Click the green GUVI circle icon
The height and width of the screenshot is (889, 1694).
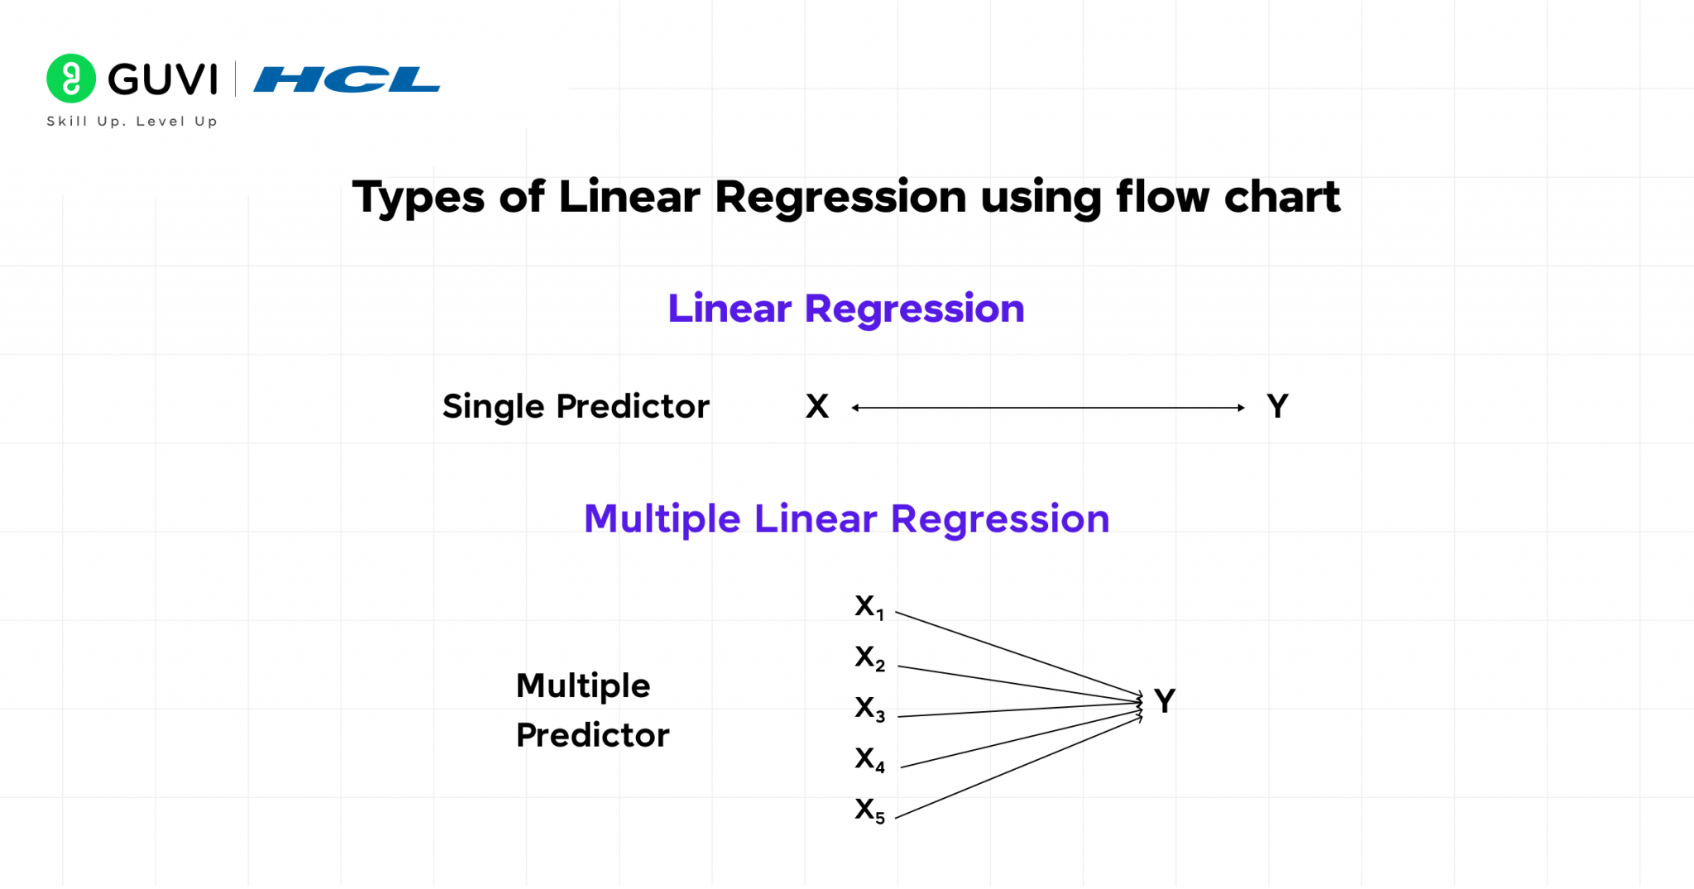point(71,79)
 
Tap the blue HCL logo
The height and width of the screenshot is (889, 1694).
point(347,79)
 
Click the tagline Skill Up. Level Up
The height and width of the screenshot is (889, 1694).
point(132,122)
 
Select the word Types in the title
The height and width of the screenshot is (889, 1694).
point(419,198)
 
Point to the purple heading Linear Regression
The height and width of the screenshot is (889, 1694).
point(846,309)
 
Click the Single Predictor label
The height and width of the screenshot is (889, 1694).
point(576,407)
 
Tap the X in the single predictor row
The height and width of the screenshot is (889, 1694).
point(816,407)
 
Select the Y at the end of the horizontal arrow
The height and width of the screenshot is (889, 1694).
point(1277,407)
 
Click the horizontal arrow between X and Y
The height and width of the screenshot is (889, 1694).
point(1048,408)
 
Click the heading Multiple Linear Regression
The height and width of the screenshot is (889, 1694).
point(846,519)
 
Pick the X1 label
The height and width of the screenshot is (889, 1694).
point(869,608)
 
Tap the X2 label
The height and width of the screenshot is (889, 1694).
point(869,658)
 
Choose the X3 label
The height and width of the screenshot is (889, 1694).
point(869,709)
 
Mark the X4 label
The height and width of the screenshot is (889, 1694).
point(869,759)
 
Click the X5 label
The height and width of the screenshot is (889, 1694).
point(869,810)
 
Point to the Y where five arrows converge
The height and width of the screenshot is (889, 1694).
point(1165,701)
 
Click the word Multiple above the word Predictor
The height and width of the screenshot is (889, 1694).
point(583,686)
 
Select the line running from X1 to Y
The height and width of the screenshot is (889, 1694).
point(1017,654)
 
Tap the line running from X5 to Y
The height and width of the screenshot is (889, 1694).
point(1017,768)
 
